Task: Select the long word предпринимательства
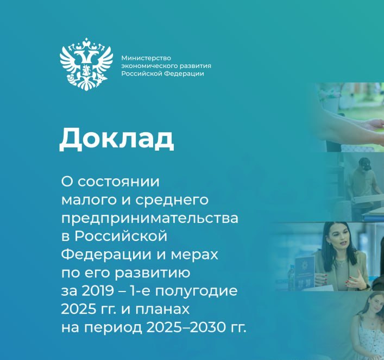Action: [x=149, y=218]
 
